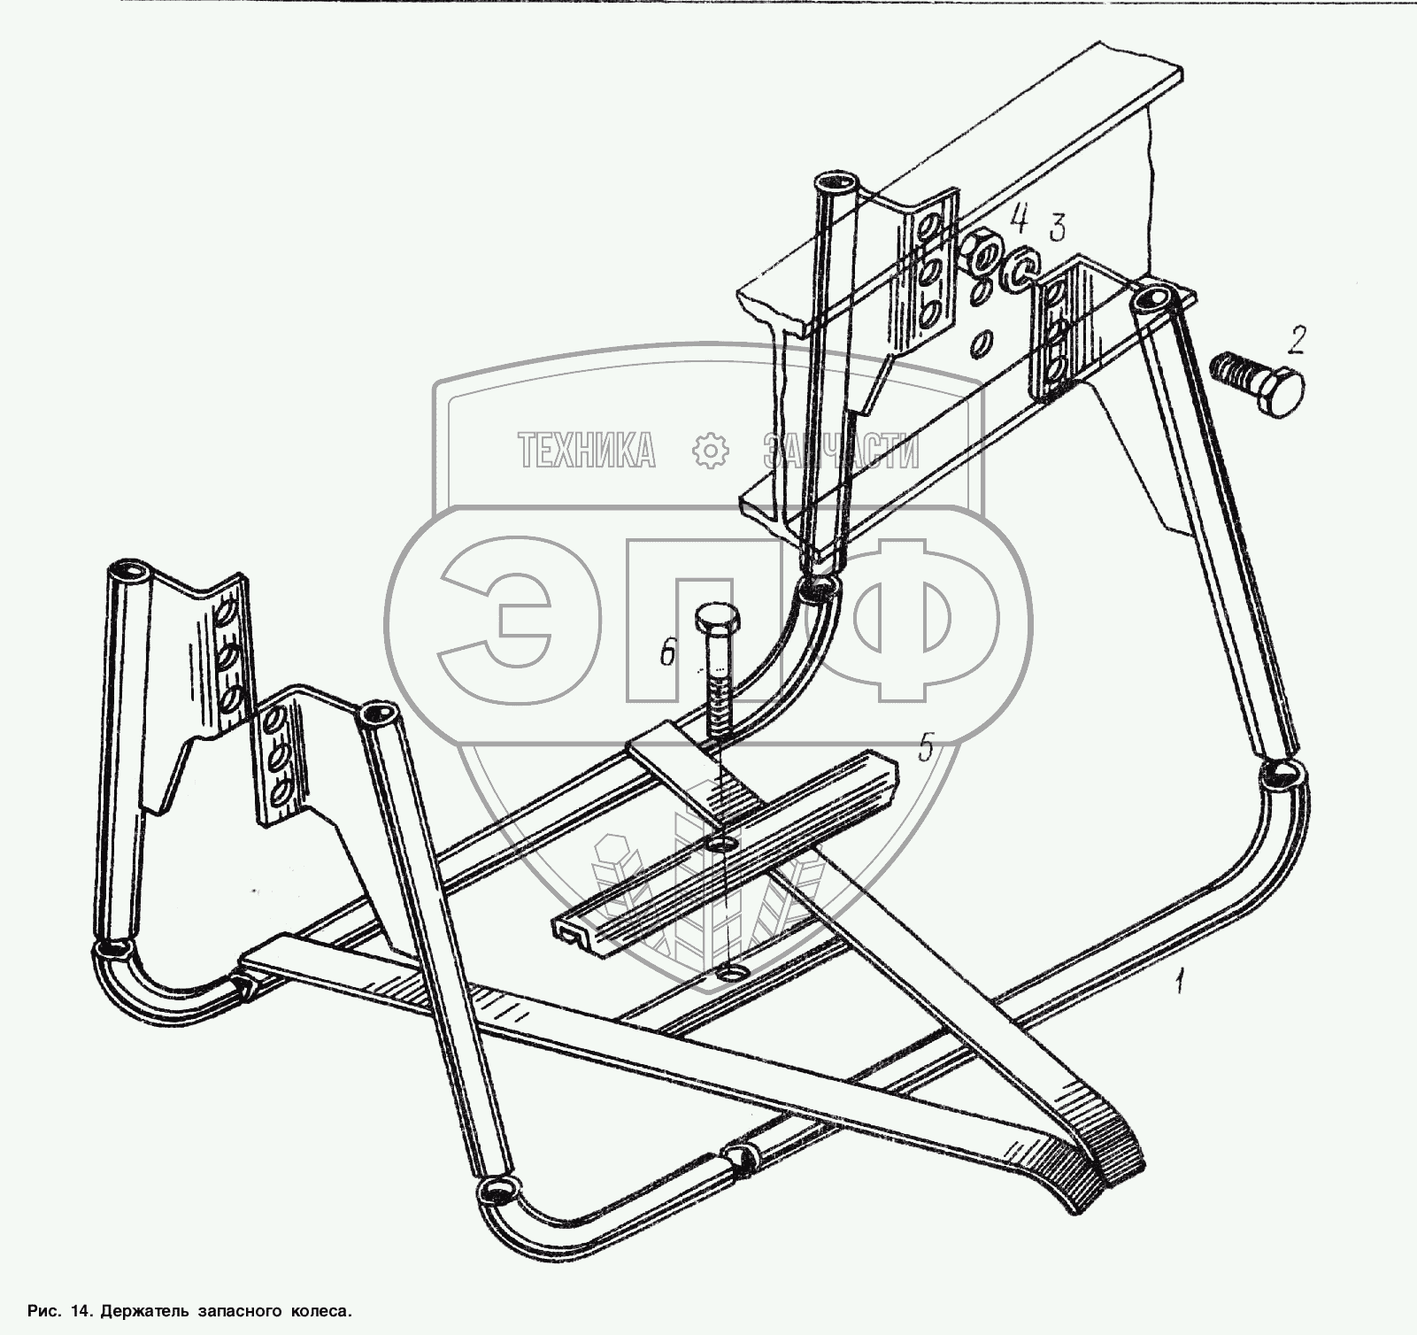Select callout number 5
tap(925, 748)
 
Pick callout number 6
tap(668, 655)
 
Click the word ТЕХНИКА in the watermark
tap(587, 450)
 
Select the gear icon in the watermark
tap(709, 451)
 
